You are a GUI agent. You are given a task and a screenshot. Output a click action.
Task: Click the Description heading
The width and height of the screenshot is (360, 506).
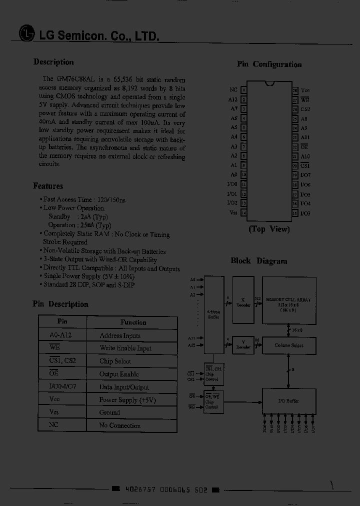pyautogui.click(x=53, y=62)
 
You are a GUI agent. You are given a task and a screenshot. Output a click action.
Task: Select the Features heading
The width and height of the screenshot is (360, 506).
pyautogui.click(x=48, y=186)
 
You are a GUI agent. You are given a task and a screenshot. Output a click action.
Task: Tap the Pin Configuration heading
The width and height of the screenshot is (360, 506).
pyautogui.click(x=269, y=64)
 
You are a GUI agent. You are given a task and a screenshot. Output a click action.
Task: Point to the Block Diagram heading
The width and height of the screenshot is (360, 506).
pyautogui.click(x=259, y=261)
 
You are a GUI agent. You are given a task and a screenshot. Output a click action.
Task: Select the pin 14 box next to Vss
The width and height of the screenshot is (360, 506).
pyautogui.click(x=244, y=213)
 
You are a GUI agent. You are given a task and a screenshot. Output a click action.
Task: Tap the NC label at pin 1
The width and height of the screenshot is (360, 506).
pyautogui.click(x=233, y=90)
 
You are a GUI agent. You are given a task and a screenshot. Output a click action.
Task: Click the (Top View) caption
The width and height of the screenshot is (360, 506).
pyautogui.click(x=269, y=229)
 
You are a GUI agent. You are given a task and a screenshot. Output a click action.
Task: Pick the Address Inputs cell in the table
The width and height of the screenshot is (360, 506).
pyautogui.click(x=120, y=335)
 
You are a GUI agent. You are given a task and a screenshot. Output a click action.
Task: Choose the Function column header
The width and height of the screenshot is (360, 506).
pyautogui.click(x=133, y=322)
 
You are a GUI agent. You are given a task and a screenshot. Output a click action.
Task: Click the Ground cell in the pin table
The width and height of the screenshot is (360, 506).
pyautogui.click(x=109, y=412)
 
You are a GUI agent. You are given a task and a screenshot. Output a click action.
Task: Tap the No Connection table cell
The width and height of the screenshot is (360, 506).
pyautogui.click(x=119, y=425)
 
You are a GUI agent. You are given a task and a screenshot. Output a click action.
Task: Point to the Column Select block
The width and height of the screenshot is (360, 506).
pyautogui.click(x=289, y=345)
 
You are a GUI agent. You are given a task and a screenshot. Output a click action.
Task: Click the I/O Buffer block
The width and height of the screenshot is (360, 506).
pyautogui.click(x=288, y=400)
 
